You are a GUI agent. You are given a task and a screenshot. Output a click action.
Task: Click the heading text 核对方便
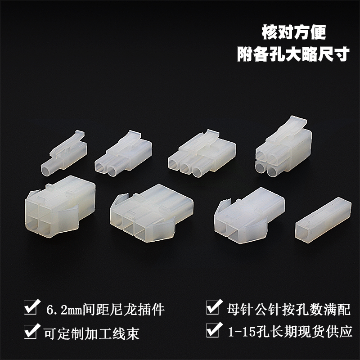click(293, 32)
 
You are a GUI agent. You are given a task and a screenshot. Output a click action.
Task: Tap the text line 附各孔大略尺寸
click(293, 54)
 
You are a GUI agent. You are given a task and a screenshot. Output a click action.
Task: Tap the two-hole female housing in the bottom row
click(243, 214)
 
